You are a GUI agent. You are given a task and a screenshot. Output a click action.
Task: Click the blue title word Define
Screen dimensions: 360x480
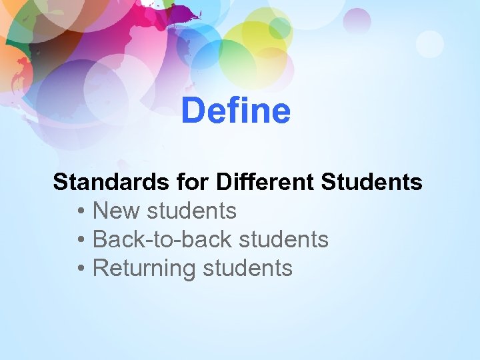coord(235,111)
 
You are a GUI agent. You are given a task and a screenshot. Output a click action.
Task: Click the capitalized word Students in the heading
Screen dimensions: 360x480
coord(372,182)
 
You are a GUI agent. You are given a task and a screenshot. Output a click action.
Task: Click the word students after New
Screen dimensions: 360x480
coord(191,211)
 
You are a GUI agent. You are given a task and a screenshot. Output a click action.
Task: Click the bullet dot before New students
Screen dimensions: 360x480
coord(80,212)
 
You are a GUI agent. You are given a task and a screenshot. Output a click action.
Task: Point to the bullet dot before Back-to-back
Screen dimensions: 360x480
coord(80,240)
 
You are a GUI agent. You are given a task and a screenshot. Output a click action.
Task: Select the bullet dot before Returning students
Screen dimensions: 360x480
coord(80,269)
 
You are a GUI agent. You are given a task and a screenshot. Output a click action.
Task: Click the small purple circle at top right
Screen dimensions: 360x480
coord(357,21)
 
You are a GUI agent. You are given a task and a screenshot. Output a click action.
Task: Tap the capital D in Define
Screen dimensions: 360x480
coord(191,111)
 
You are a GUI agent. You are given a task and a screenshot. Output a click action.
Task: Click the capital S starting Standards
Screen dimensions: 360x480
coord(59,182)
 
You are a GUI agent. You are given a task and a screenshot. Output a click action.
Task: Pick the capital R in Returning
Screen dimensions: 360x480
coord(101,268)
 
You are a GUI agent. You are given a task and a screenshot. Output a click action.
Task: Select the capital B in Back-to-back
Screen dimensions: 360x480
coord(100,239)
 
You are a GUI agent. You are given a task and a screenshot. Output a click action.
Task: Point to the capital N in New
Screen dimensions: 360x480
coord(101,211)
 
